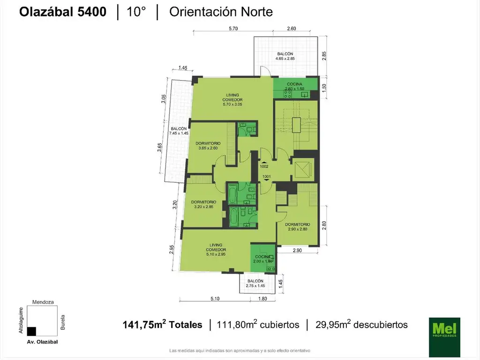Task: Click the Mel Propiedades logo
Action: click(x=444, y=337)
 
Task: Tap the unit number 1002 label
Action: click(x=264, y=166)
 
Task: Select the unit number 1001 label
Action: click(x=266, y=177)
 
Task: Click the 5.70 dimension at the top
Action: click(x=233, y=29)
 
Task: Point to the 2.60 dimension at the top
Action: click(x=292, y=29)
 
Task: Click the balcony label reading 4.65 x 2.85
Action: click(x=285, y=56)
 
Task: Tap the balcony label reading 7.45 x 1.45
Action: click(x=179, y=131)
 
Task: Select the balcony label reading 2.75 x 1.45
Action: click(x=255, y=284)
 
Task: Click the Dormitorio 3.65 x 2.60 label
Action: click(x=208, y=146)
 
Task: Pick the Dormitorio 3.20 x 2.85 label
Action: click(x=203, y=204)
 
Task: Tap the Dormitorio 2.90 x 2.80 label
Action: click(x=298, y=226)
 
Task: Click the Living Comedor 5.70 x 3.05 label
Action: click(x=232, y=99)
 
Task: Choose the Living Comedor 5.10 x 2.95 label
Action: click(x=216, y=249)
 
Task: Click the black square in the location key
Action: click(x=31, y=331)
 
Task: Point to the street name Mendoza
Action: click(x=43, y=302)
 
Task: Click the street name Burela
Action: click(x=63, y=322)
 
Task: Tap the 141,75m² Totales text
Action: click(x=162, y=324)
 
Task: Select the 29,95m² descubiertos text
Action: click(x=361, y=324)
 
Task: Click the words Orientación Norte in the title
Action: click(x=221, y=12)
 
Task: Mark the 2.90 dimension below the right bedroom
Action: click(x=297, y=250)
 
